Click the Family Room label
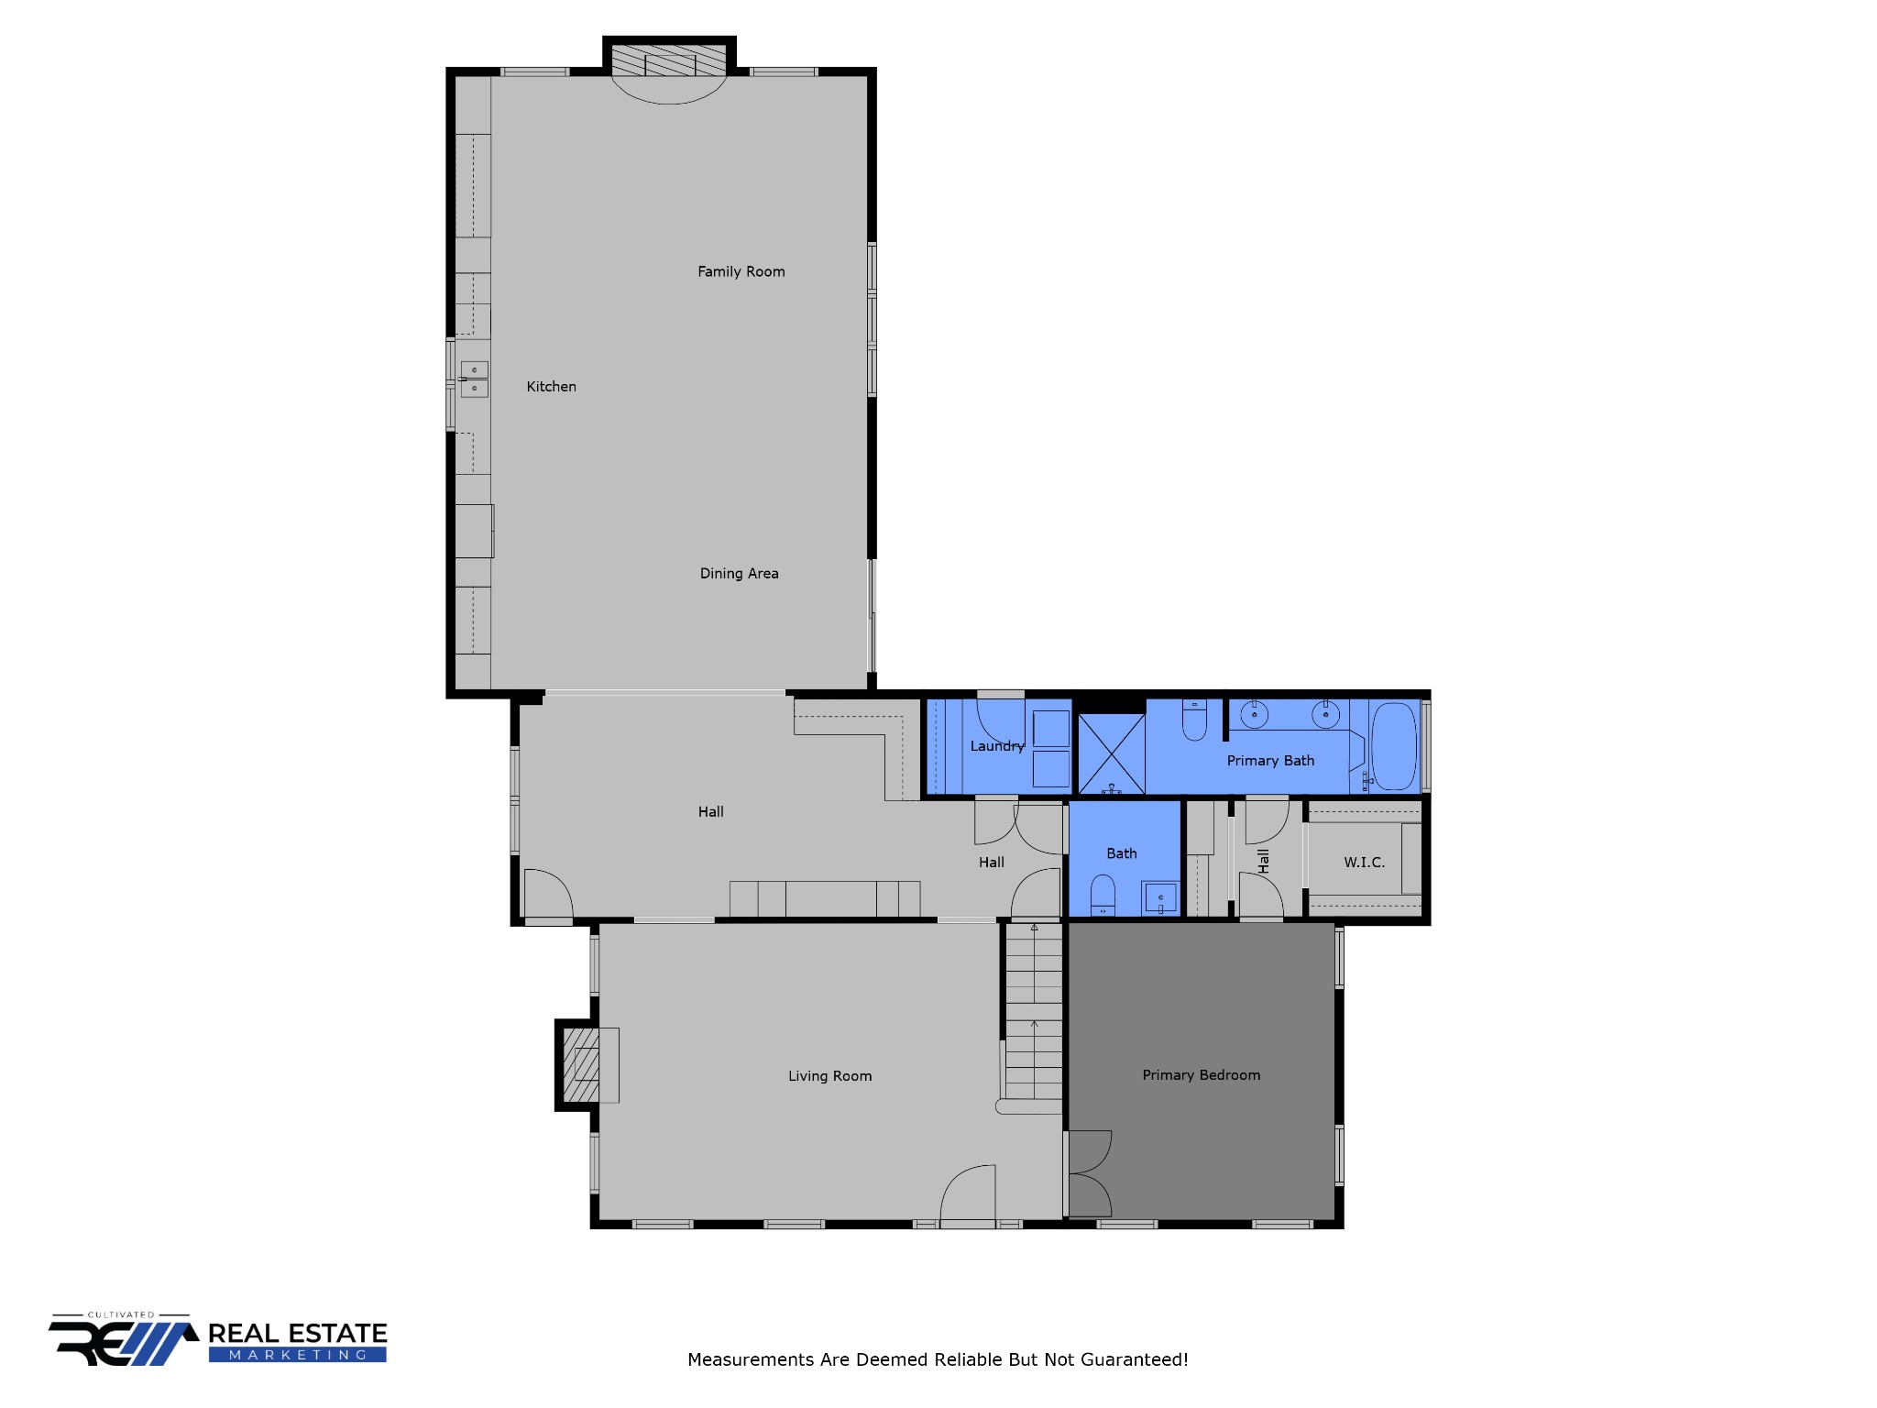pos(741,271)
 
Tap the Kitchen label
pos(551,387)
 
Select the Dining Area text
pos(739,574)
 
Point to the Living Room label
pos(829,1076)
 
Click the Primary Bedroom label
pos(1201,1075)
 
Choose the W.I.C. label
pos(1364,863)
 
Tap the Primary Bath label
pos(1270,761)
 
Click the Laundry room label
pos(996,746)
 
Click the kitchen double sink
pos(474,379)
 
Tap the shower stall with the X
pos(1111,754)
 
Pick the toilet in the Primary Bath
pos(1194,720)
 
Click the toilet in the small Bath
pos(1103,896)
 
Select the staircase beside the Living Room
pos(1034,1013)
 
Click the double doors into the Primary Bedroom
pos(1090,1174)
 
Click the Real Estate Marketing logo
pos(218,1341)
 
